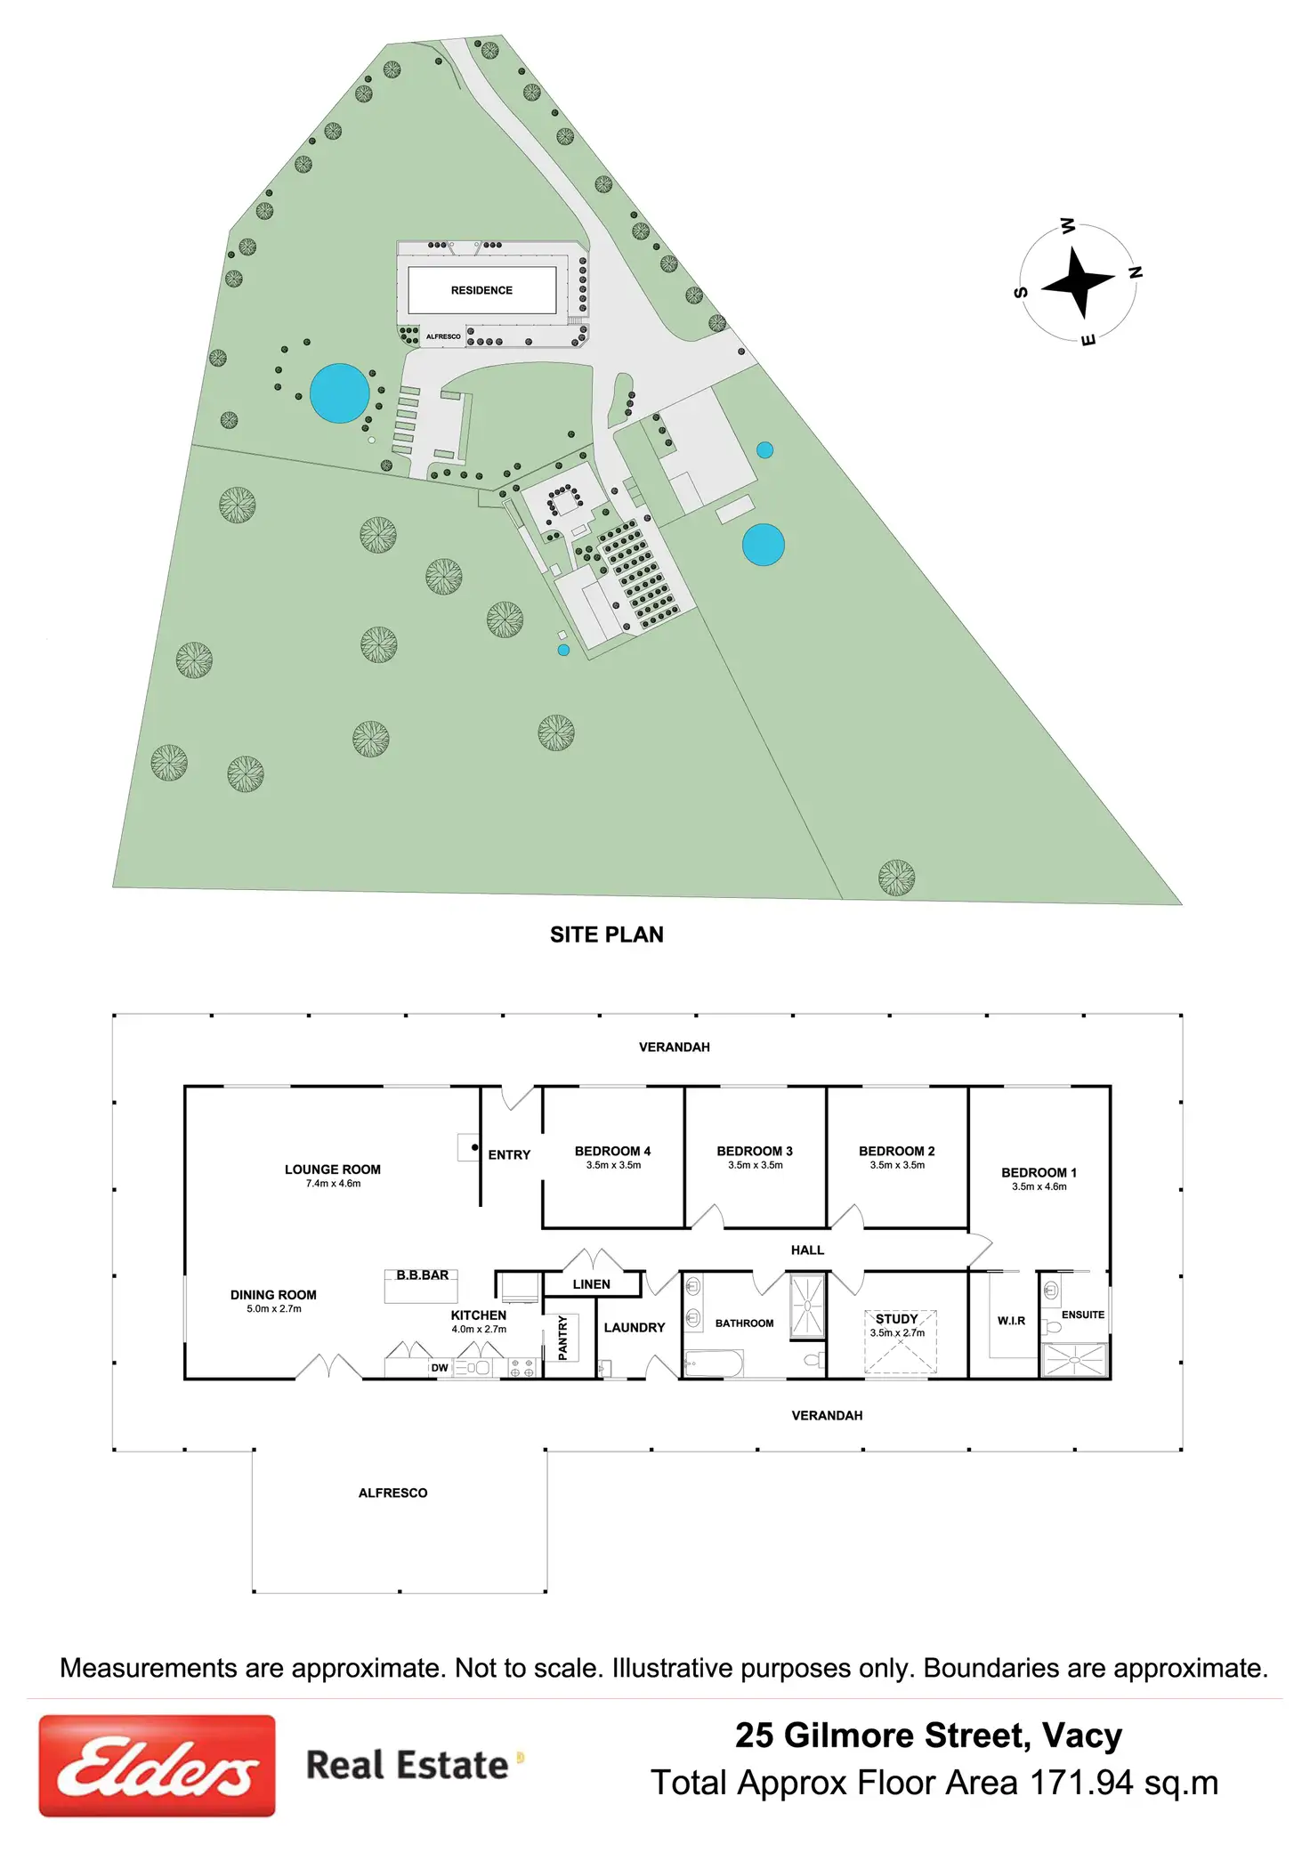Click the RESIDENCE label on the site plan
(x=481, y=290)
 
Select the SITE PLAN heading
(x=606, y=935)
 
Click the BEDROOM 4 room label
(x=612, y=1151)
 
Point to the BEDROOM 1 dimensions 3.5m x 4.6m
(x=1039, y=1186)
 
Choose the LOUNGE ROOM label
(x=332, y=1169)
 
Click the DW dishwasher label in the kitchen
(x=440, y=1368)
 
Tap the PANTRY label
(x=562, y=1338)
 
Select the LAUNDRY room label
(x=634, y=1327)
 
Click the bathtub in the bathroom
(x=713, y=1363)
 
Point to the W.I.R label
(x=1011, y=1321)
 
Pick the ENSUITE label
(x=1082, y=1315)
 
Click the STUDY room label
(x=896, y=1319)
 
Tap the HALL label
(x=807, y=1250)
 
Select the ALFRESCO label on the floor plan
(x=392, y=1493)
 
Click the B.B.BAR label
(x=423, y=1275)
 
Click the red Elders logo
(x=157, y=1766)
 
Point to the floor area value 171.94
(x=1081, y=1784)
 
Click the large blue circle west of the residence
(x=340, y=393)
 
